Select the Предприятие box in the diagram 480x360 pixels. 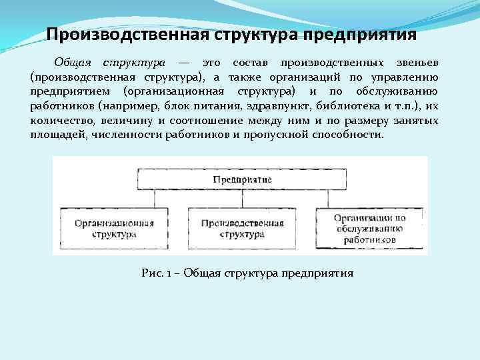241,179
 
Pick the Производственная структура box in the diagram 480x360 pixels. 241,229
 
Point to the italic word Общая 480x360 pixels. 74,62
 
